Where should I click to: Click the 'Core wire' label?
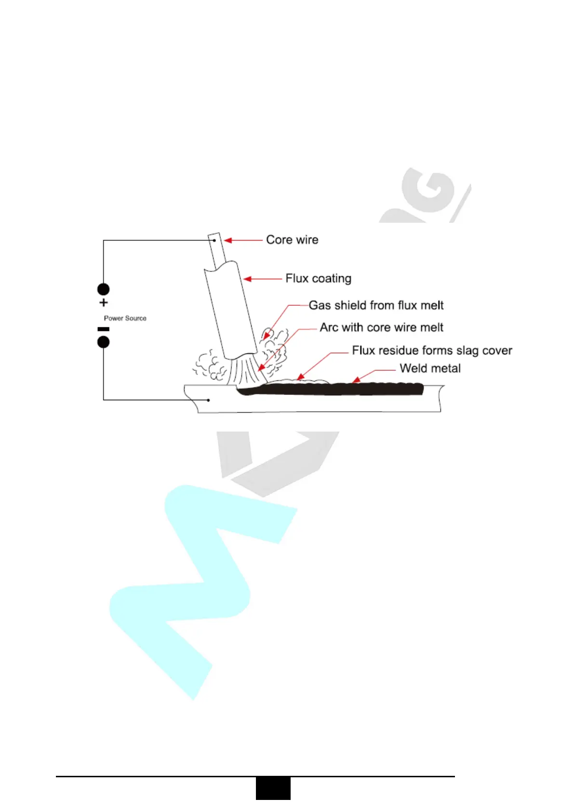coord(292,240)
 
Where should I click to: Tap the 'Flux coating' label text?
coord(318,278)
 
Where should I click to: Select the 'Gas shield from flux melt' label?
coord(376,305)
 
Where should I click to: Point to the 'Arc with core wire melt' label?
coord(381,327)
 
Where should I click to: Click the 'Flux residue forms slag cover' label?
coord(432,350)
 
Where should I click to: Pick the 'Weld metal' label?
coord(430,368)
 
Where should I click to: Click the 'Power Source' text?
coord(125,318)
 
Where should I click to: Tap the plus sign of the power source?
coord(103,303)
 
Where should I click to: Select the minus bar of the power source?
coord(103,329)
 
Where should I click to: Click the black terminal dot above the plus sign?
coord(103,289)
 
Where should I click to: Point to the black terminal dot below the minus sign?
coord(103,342)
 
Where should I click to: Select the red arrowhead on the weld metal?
coord(356,380)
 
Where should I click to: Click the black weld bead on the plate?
coord(337,389)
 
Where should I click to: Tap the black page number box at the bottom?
coord(273,788)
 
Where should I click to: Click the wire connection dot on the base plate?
coord(208,400)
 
